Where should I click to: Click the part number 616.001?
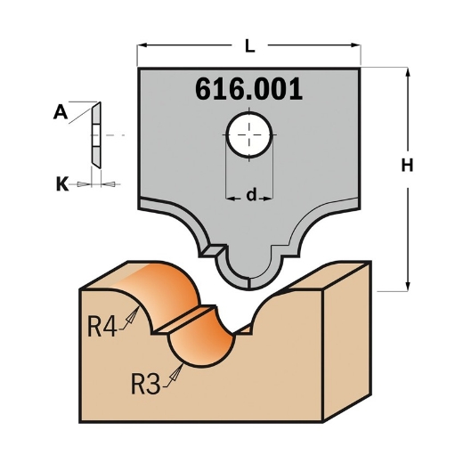pos(248,89)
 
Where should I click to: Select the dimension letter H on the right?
pos(406,166)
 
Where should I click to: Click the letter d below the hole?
pos(251,194)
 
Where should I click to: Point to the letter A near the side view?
pos(61,112)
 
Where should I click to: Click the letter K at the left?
pos(61,184)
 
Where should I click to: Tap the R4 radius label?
pos(101,325)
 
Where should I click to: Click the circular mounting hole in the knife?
pos(249,135)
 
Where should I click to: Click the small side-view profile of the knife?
pos(95,135)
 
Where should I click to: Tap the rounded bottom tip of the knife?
pos(248,276)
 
